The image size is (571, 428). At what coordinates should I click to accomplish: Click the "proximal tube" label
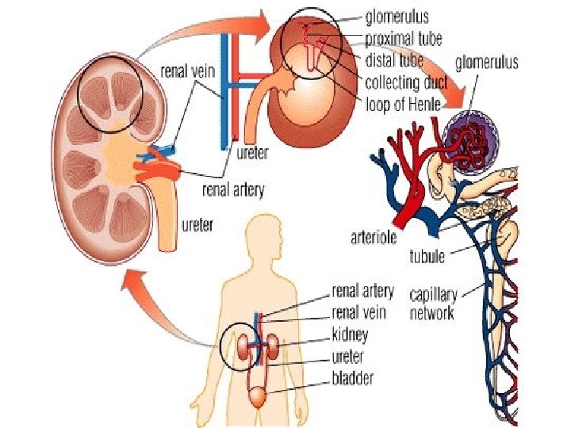click(x=404, y=37)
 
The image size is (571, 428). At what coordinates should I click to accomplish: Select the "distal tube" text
click(x=394, y=59)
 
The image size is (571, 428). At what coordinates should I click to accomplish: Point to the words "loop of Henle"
click(x=402, y=102)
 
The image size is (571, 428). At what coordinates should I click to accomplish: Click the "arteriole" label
click(x=377, y=236)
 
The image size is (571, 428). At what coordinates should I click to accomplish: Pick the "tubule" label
click(x=427, y=256)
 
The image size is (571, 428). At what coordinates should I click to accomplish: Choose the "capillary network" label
click(x=431, y=304)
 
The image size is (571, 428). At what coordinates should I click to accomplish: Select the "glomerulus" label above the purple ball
click(x=486, y=62)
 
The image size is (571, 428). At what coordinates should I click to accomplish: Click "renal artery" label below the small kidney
click(x=233, y=190)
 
